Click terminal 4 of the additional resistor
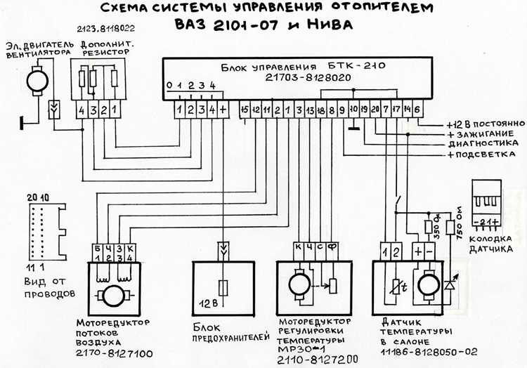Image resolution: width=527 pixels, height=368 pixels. pyautogui.click(x=82, y=111)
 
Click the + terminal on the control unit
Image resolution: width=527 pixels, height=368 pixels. pyautogui.click(x=223, y=110)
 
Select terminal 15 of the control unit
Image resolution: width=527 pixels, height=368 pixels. pyautogui.click(x=245, y=110)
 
